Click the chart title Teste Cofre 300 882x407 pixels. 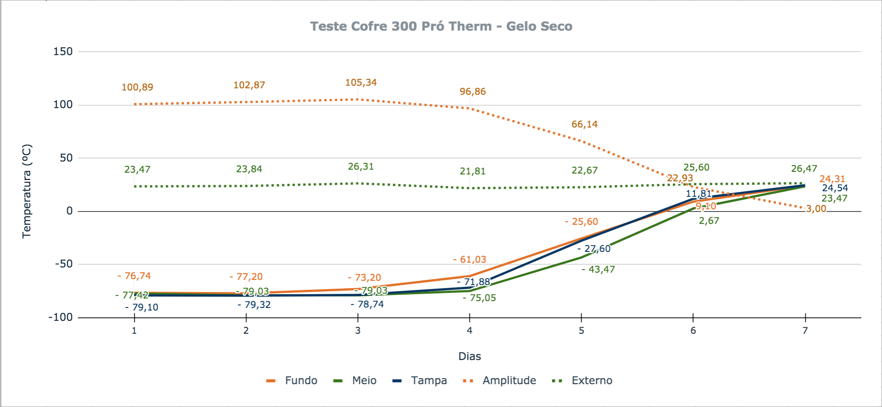pyautogui.click(x=441, y=26)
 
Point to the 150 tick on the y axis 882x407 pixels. pyautogui.click(x=63, y=52)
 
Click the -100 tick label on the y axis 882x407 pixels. pyautogui.click(x=60, y=317)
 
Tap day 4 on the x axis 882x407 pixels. pyautogui.click(x=469, y=331)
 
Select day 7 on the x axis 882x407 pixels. pyautogui.click(x=805, y=331)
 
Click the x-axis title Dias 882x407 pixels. pyautogui.click(x=469, y=357)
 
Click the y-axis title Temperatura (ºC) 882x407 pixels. pyautogui.click(x=27, y=191)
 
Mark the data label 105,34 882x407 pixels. pyautogui.click(x=361, y=83)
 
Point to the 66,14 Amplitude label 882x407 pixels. pyautogui.click(x=585, y=124)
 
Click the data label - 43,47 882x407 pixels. pyautogui.click(x=598, y=270)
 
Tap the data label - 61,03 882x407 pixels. pyautogui.click(x=469, y=260)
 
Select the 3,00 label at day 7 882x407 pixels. pyautogui.click(x=816, y=209)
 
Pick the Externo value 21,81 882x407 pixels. pyautogui.click(x=472, y=171)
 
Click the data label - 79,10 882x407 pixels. pyautogui.click(x=141, y=308)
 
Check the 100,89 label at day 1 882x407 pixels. pyautogui.click(x=137, y=87)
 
